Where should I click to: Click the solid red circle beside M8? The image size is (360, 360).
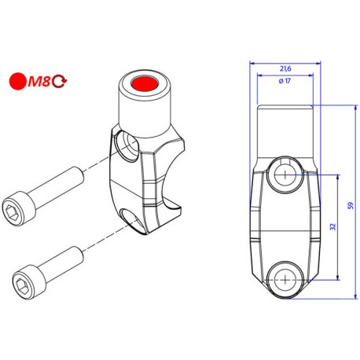click(x=17, y=80)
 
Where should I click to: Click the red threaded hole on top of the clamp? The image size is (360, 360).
click(x=144, y=83)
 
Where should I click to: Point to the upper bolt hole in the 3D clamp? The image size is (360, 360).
click(x=124, y=145)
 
